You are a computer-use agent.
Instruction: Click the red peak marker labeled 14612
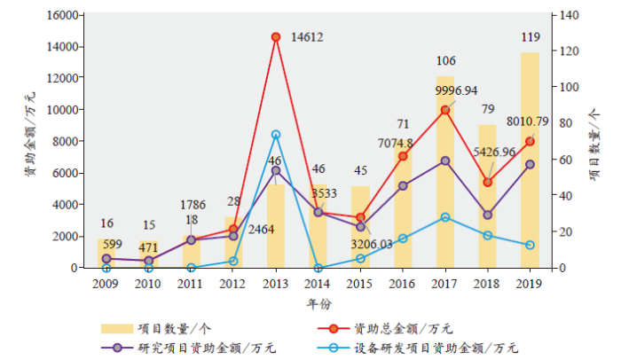click(276, 37)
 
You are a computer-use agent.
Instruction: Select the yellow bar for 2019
click(530, 160)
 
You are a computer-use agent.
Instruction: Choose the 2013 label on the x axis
click(276, 283)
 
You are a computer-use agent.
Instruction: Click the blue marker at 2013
click(276, 135)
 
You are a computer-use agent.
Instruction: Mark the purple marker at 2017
click(444, 160)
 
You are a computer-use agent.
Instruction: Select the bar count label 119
click(531, 38)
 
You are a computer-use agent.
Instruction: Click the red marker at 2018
click(487, 183)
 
